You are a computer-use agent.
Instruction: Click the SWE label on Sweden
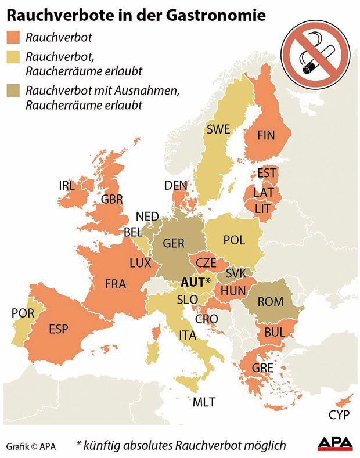(218, 129)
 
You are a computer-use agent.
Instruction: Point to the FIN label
(265, 135)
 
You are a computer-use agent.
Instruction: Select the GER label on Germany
(174, 244)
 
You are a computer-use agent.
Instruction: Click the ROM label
(271, 301)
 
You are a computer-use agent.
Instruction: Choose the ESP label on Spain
(59, 329)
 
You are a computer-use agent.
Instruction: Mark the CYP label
(339, 415)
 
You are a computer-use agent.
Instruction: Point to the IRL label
(67, 185)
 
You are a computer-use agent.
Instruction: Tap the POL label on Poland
(234, 240)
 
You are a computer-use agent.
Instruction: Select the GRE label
(262, 367)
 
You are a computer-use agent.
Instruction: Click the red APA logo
(335, 444)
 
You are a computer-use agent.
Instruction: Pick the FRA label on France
(116, 284)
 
